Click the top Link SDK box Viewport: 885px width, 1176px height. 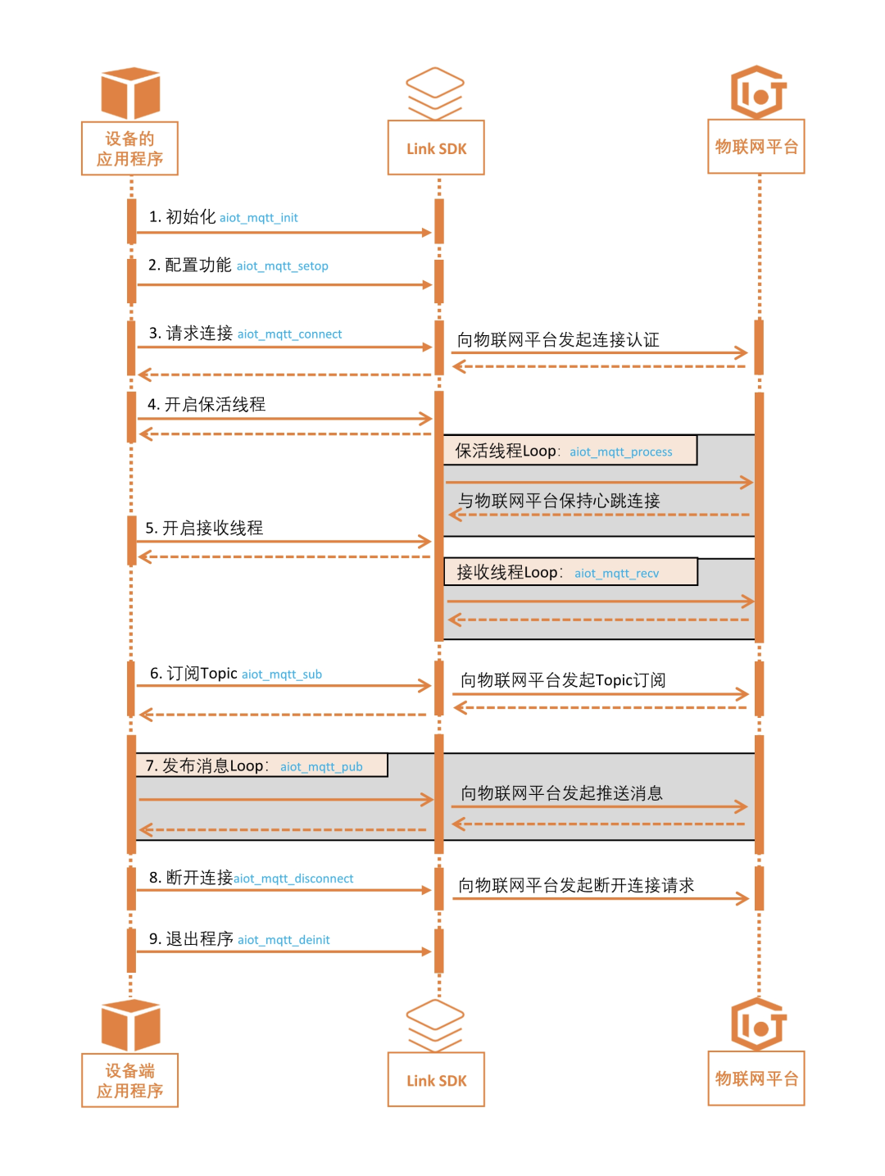436,148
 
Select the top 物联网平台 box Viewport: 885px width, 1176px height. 756,147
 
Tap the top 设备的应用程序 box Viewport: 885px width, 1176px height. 129,148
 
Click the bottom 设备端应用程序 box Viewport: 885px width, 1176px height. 129,1080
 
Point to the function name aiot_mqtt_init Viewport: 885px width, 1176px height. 258,218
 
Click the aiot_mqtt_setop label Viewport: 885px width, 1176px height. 282,266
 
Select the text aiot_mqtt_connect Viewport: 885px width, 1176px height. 289,334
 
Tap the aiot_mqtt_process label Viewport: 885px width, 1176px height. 620,452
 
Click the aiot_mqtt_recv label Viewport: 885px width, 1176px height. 616,574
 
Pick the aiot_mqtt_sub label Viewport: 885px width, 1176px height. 281,674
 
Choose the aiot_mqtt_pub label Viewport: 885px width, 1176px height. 321,767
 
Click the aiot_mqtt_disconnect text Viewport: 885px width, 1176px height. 293,879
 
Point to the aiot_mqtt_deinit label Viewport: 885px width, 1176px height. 284,940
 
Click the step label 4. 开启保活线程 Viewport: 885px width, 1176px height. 206,405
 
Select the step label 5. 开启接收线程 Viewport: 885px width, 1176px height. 204,529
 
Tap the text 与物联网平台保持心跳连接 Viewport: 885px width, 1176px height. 559,501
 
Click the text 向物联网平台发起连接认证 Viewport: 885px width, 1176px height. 558,340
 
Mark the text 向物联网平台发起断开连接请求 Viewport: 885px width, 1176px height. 576,885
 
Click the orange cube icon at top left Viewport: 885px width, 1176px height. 130,93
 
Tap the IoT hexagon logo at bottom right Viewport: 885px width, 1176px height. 758,1024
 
